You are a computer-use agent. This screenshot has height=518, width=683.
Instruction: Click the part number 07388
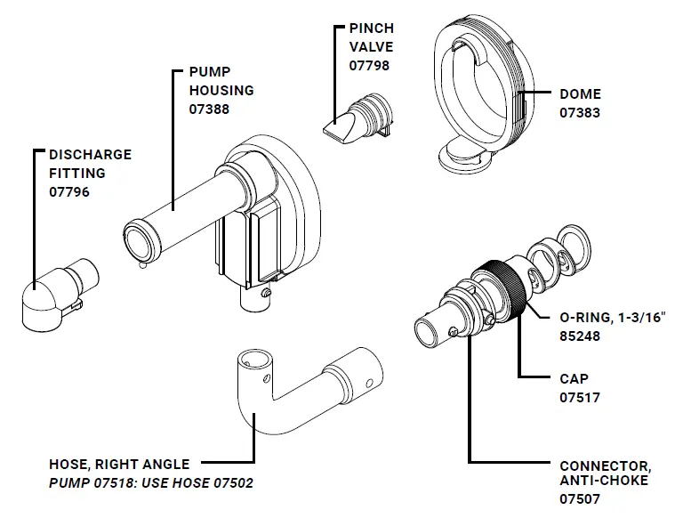click(209, 109)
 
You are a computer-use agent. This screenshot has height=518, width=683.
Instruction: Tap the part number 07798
click(369, 65)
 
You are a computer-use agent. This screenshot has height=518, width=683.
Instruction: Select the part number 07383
click(579, 113)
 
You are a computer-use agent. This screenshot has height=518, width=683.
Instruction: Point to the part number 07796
click(68, 191)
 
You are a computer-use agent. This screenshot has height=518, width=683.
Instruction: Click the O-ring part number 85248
click(580, 337)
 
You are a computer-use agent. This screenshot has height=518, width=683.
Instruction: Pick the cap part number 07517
click(579, 397)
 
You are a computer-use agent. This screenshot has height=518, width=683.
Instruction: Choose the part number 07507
click(579, 499)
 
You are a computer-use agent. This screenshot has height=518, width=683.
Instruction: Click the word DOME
click(580, 94)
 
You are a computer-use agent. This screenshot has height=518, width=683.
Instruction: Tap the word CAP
click(575, 379)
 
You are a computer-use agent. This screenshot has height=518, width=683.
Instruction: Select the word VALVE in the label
click(371, 46)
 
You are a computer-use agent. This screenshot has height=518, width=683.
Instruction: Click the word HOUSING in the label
click(221, 91)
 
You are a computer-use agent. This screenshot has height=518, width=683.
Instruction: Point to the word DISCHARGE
click(90, 155)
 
